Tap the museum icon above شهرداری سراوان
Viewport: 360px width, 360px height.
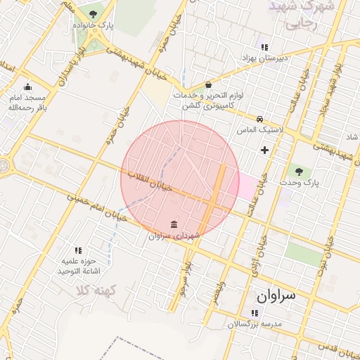pyautogui.click(x=174, y=224)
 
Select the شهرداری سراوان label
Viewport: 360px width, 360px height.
pyautogui.click(x=174, y=236)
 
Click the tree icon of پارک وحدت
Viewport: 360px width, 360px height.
pyautogui.click(x=299, y=171)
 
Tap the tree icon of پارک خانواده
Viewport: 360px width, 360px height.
pyautogui.click(x=94, y=14)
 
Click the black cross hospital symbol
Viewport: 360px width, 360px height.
pyautogui.click(x=264, y=150)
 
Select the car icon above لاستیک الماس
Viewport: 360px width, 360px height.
pyautogui.click(x=260, y=119)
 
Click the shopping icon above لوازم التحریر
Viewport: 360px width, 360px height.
pyautogui.click(x=207, y=84)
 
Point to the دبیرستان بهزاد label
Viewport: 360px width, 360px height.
pyautogui.click(x=264, y=59)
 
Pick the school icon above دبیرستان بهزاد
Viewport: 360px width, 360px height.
pyautogui.click(x=264, y=47)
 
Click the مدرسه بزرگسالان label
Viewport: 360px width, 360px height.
pyautogui.click(x=254, y=324)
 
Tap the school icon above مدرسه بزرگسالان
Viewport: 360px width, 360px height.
pyautogui.click(x=254, y=313)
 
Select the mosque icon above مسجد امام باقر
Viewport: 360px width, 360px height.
pyautogui.click(x=27, y=87)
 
